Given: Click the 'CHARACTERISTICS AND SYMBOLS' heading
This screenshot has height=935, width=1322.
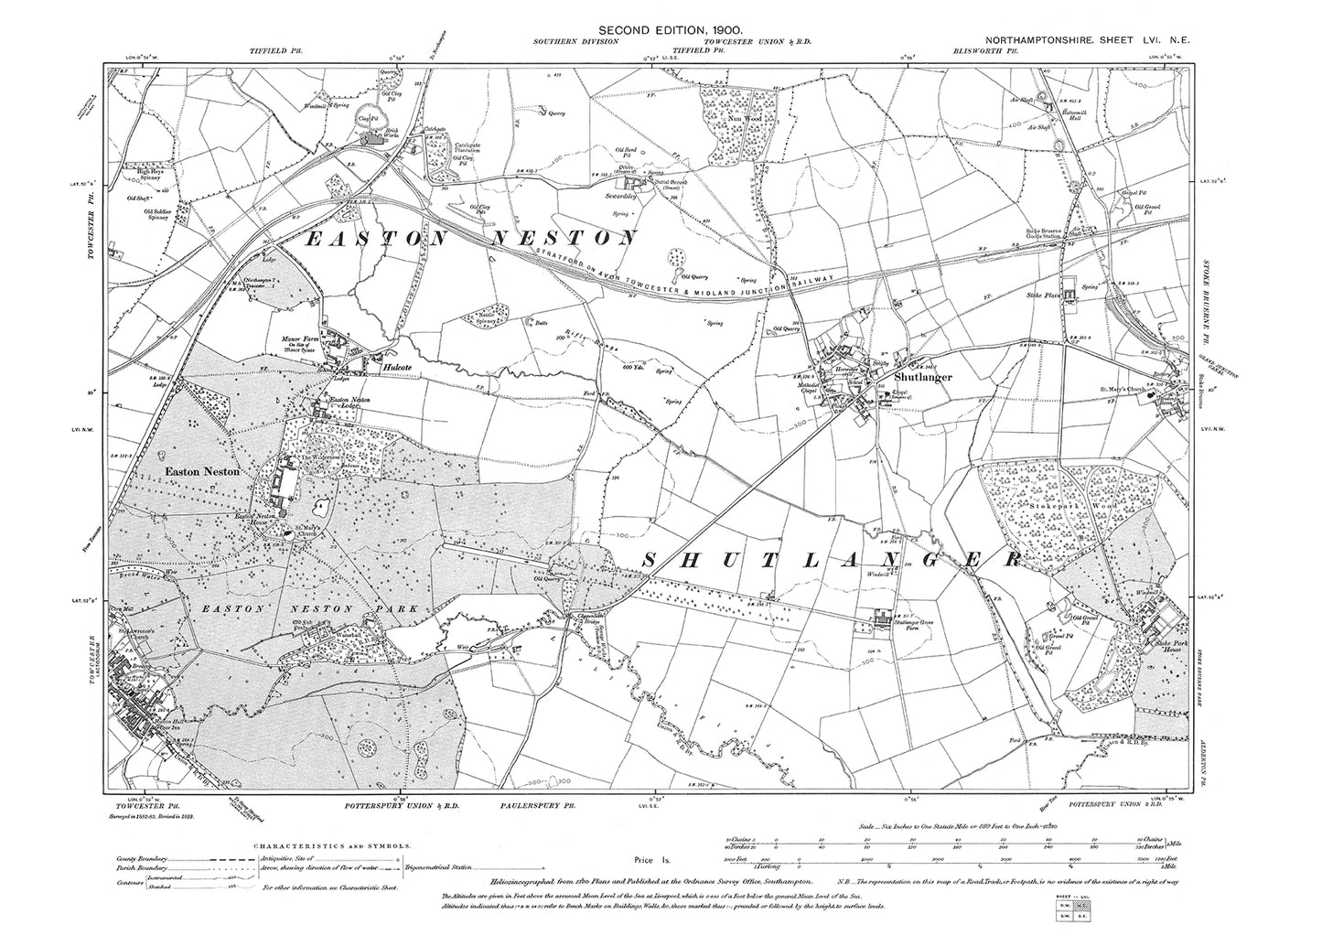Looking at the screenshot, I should click(x=263, y=847).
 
